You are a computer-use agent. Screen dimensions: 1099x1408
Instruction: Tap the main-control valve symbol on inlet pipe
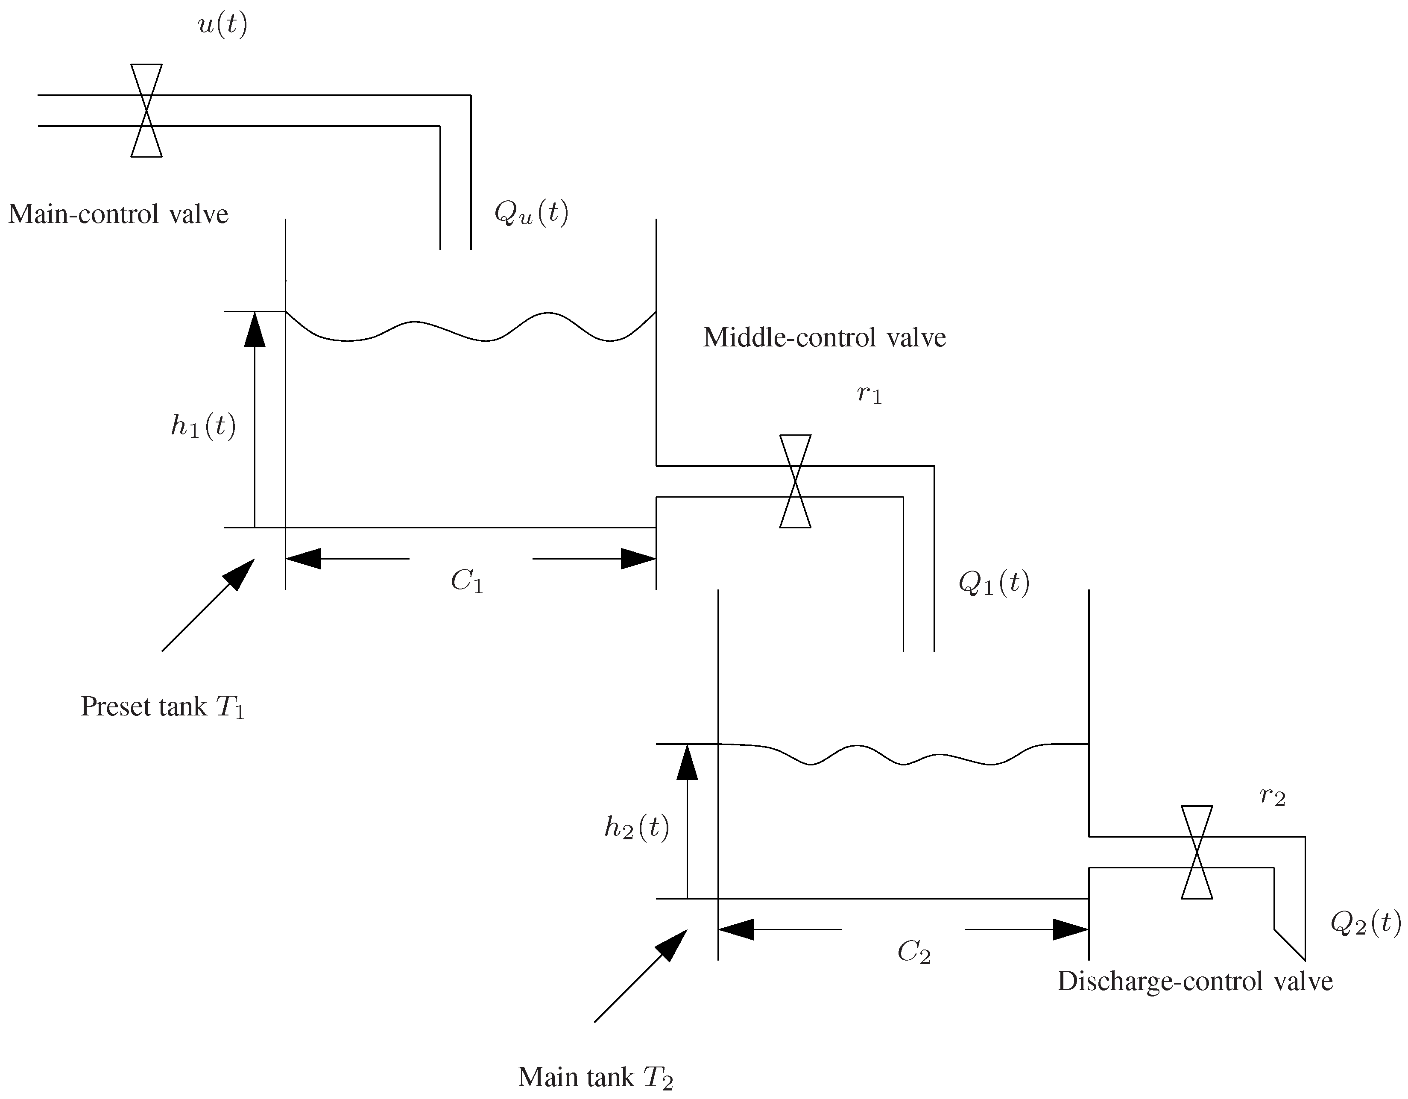click(146, 110)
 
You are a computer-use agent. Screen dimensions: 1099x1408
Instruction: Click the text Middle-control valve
click(824, 337)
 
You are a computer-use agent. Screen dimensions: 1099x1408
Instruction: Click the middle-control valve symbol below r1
click(795, 481)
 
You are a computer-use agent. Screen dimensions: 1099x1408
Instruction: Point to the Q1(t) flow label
click(993, 583)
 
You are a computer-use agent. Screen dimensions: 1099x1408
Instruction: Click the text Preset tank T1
click(162, 707)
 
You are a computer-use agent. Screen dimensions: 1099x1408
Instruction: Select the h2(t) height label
click(636, 827)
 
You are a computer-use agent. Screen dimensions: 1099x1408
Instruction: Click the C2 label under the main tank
click(913, 952)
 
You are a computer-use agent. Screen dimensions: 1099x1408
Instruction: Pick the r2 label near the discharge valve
click(1272, 797)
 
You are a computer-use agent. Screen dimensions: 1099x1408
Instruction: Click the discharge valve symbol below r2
click(1197, 852)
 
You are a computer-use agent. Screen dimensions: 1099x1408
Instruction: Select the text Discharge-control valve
click(1194, 982)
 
